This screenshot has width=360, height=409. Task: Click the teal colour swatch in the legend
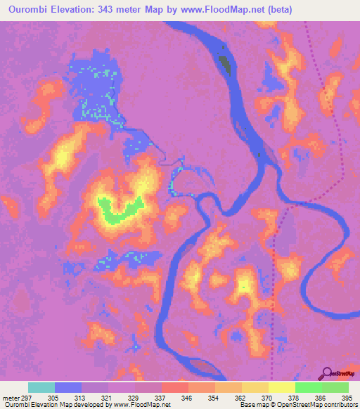click(x=41, y=387)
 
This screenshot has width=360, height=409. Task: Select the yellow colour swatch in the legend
click(x=281, y=387)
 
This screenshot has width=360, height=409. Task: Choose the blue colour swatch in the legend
click(x=68, y=387)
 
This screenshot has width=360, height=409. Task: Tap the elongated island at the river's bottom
click(x=203, y=367)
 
